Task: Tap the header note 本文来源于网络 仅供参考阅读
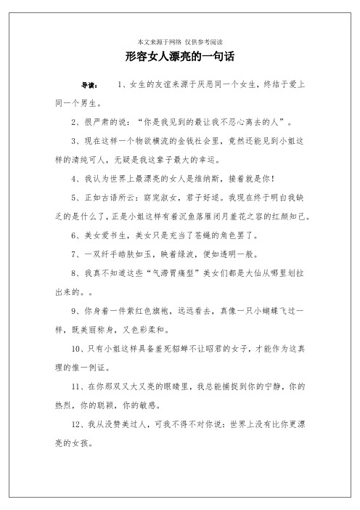179,41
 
